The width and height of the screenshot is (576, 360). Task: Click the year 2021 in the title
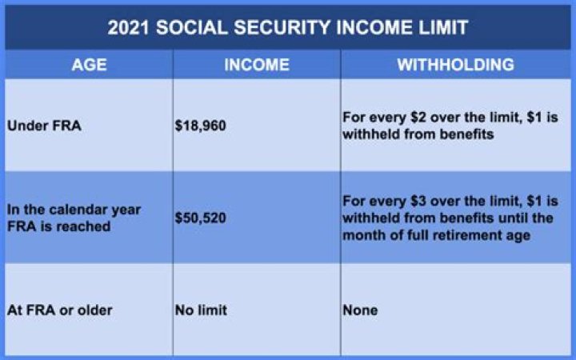(x=132, y=27)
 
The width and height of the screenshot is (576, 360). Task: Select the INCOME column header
(x=256, y=65)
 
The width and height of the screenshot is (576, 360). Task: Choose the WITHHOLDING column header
(x=455, y=65)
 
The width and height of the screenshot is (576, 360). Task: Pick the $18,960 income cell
(x=200, y=126)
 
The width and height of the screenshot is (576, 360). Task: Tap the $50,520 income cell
(x=200, y=218)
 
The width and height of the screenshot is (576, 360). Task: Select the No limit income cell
(x=200, y=310)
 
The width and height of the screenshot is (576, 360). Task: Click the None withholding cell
(x=360, y=310)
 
